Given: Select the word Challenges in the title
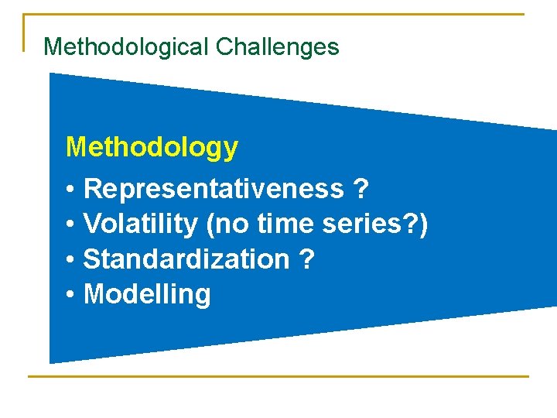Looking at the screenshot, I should tap(277, 47).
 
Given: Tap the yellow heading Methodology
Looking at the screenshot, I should tap(152, 147).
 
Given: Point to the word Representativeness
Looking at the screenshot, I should tap(214, 188).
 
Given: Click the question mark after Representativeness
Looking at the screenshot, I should tap(360, 188).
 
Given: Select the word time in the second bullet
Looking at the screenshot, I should tap(280, 224).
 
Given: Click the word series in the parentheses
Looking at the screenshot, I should tap(361, 224).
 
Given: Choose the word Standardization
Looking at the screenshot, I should tap(186, 259).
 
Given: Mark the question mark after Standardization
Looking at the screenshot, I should tap(306, 259).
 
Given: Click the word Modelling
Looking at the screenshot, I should tap(146, 295).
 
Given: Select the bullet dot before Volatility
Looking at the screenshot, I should tap(70, 225).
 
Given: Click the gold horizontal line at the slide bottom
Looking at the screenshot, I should tap(278, 377).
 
